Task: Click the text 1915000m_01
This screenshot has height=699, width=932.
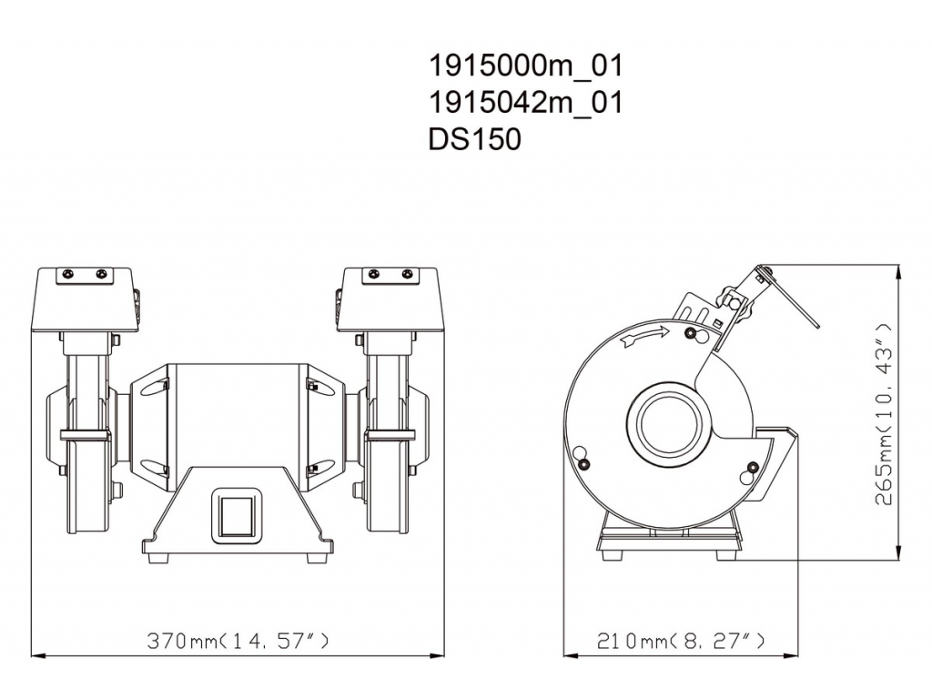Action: tap(525, 66)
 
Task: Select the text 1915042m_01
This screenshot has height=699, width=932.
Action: tap(525, 102)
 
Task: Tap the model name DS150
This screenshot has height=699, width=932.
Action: tap(474, 139)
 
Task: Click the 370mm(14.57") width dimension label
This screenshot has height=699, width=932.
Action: tap(238, 641)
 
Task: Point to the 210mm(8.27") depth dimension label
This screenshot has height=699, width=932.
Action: tap(681, 641)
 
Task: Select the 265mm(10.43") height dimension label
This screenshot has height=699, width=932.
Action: tap(884, 414)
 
